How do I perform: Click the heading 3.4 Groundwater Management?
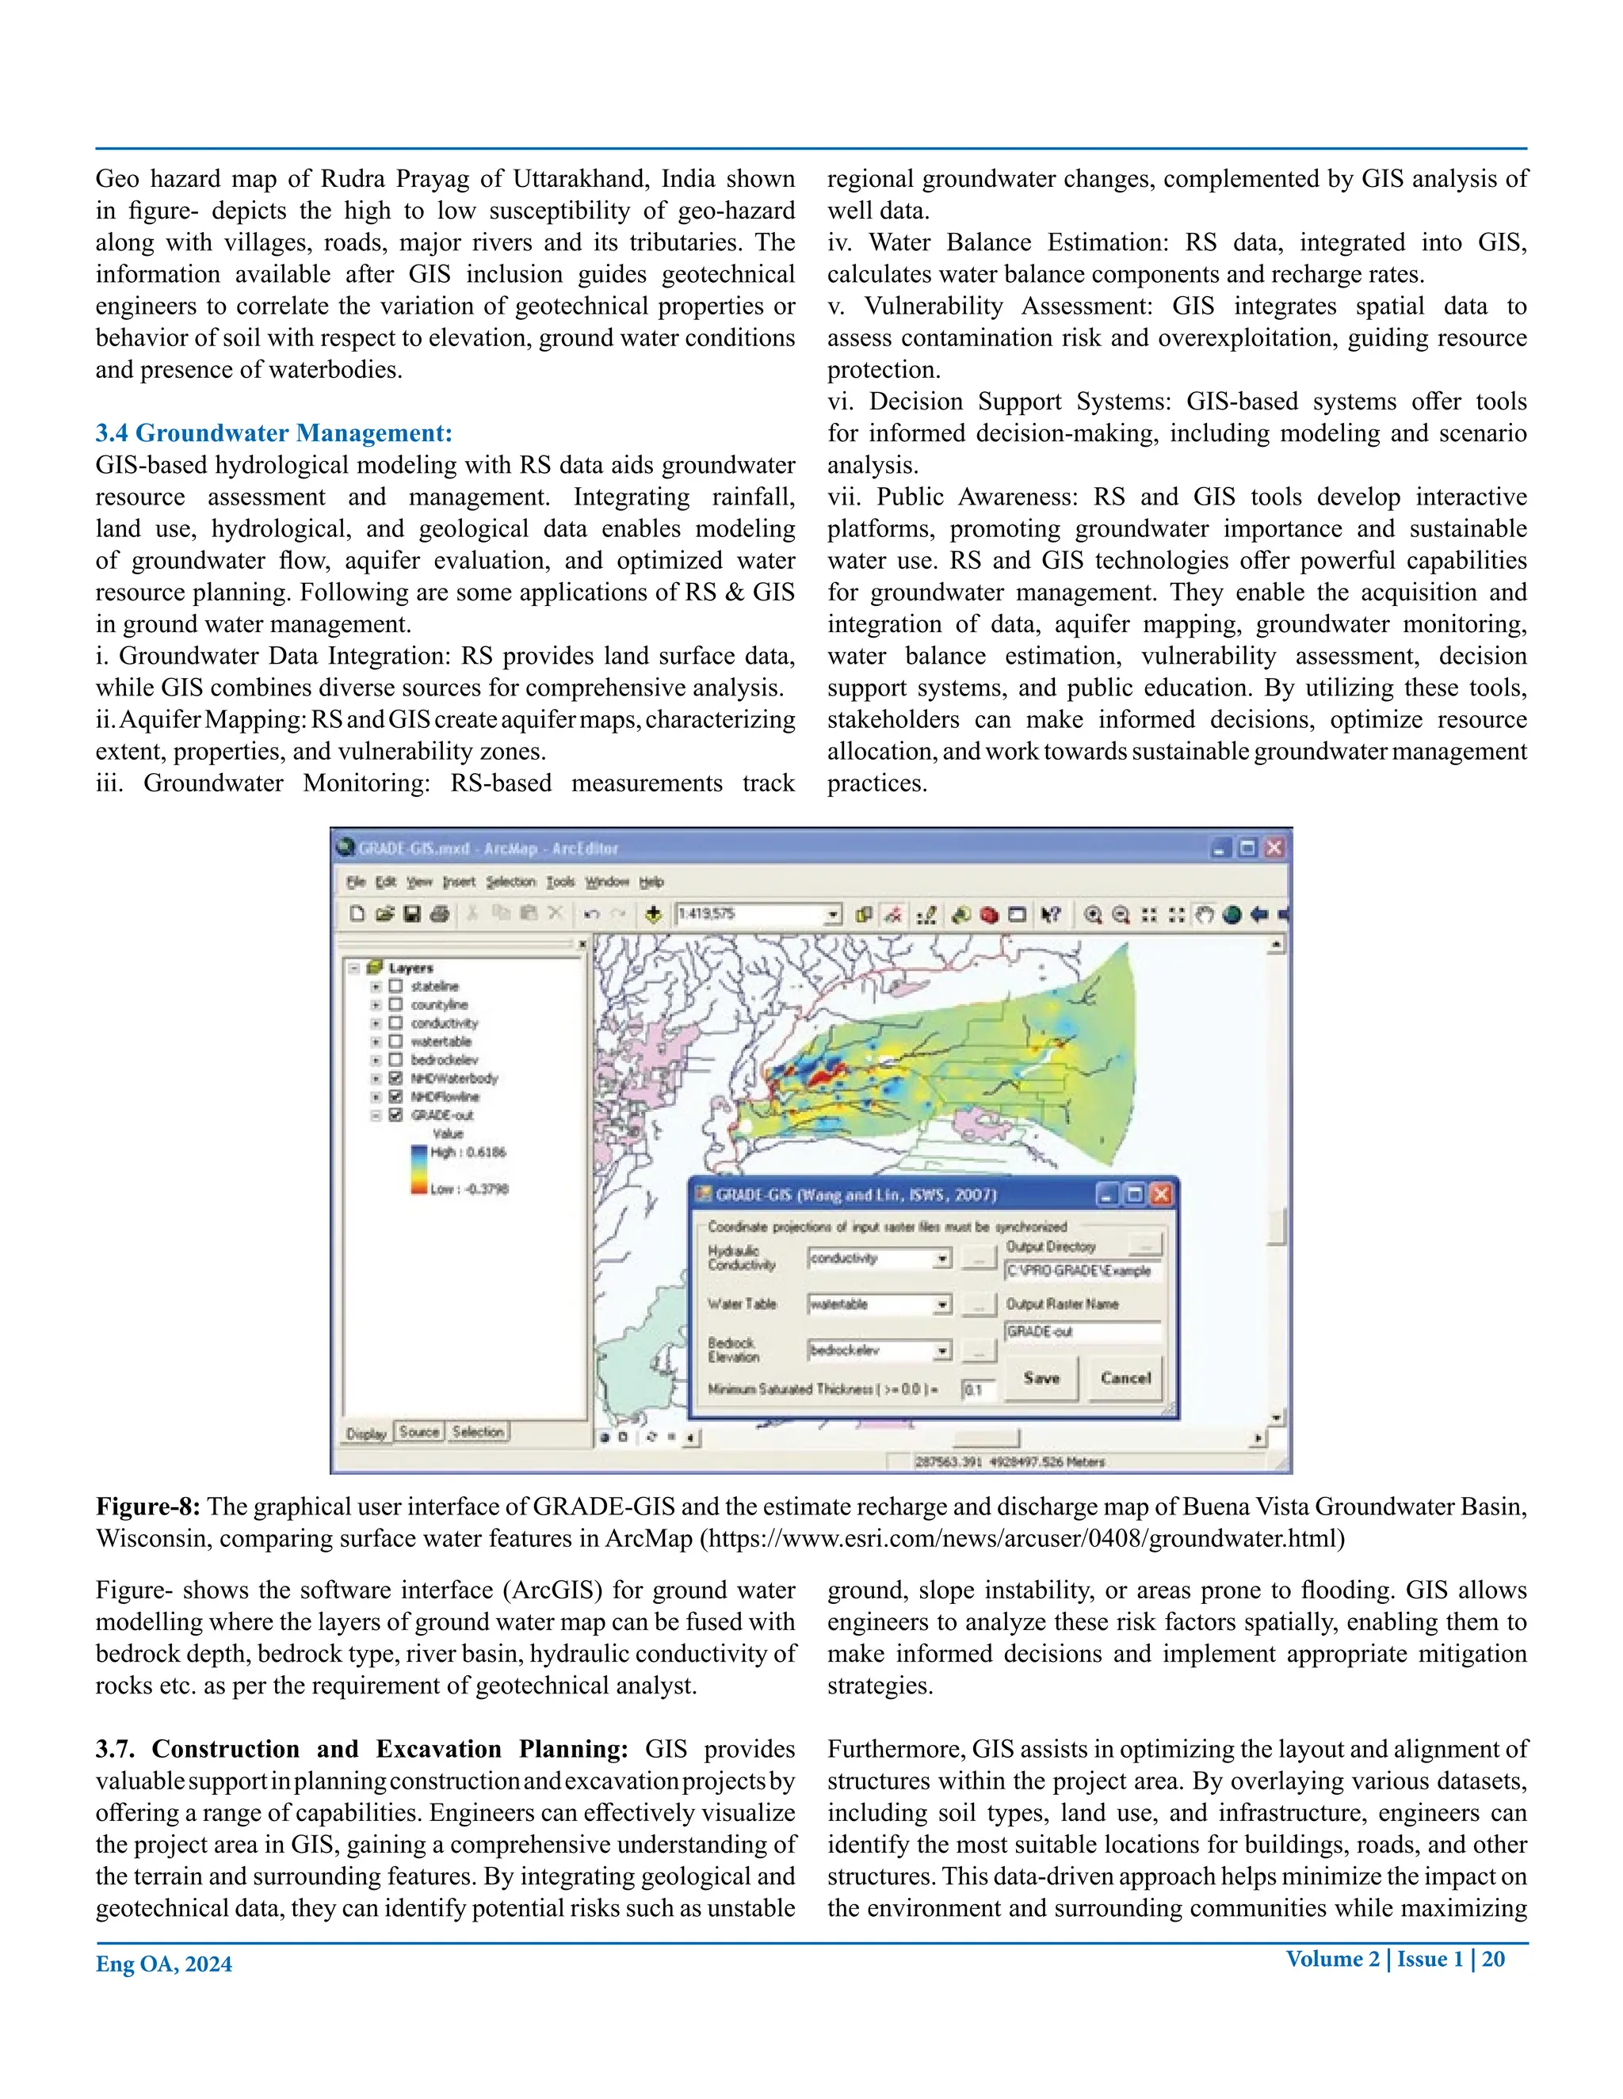pos(273,433)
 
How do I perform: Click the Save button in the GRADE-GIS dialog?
pos(1041,1378)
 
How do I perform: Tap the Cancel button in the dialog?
pos(1125,1378)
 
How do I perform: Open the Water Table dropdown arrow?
pos(942,1305)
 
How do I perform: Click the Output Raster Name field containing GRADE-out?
pos(1082,1332)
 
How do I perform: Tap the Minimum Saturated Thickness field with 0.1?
pos(977,1390)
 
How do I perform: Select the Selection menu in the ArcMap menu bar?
pos(510,882)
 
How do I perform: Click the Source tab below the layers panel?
pos(419,1432)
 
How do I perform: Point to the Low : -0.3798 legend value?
pos(469,1189)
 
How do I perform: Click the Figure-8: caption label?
pos(148,1507)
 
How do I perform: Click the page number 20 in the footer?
pos(1493,1960)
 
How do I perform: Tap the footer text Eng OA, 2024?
pos(163,1964)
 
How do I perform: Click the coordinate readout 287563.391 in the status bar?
pos(947,1462)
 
